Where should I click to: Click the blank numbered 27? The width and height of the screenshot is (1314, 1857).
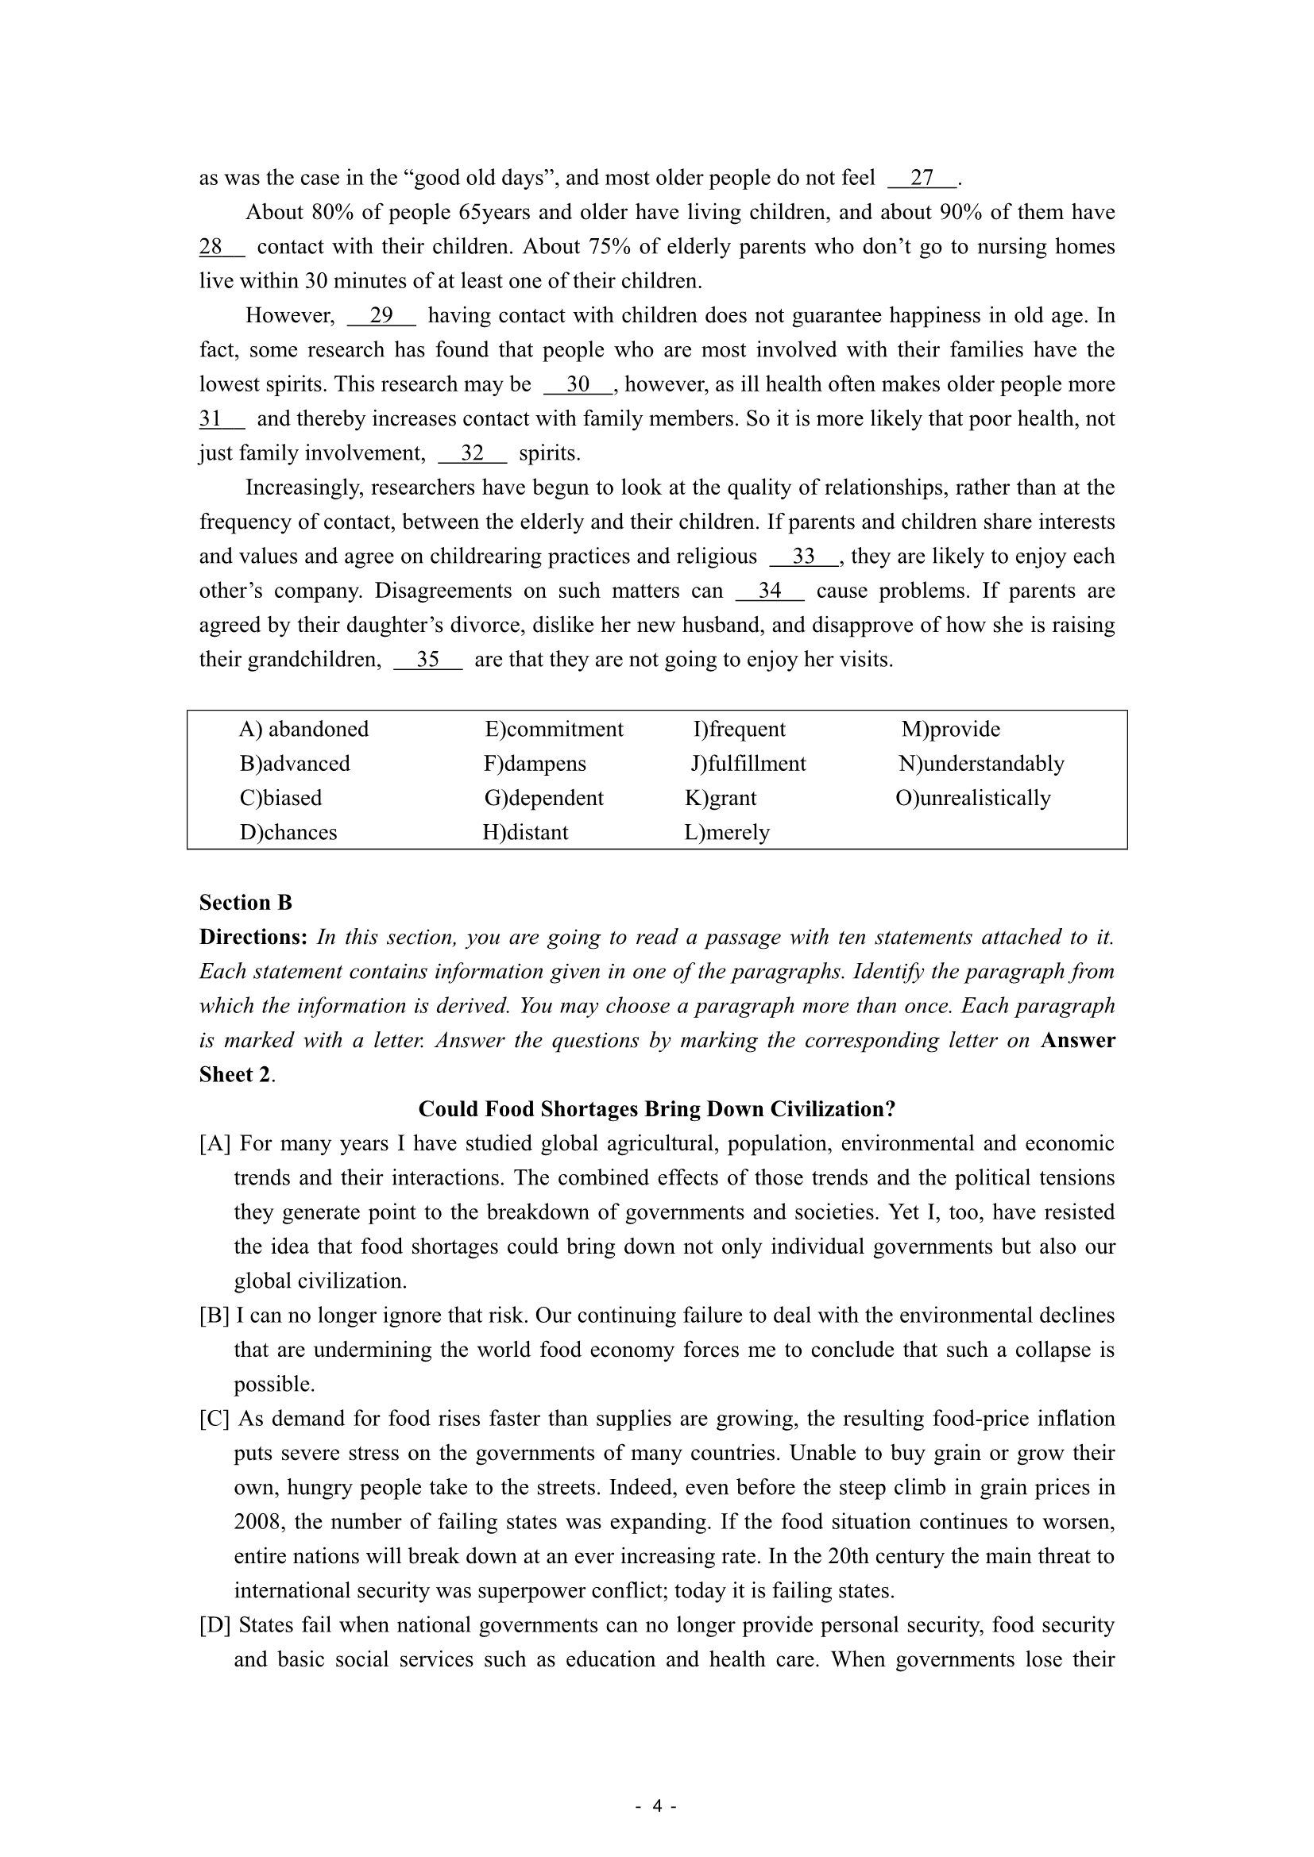(x=922, y=178)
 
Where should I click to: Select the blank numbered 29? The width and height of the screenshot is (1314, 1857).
(x=381, y=315)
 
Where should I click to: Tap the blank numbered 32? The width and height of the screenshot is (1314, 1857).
(x=472, y=453)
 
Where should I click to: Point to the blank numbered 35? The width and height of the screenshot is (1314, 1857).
(x=428, y=660)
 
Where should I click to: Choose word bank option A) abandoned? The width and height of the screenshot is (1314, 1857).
(x=303, y=730)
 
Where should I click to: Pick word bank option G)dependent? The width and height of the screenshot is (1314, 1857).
(x=543, y=798)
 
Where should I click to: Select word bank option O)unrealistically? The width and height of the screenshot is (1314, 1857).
(x=972, y=798)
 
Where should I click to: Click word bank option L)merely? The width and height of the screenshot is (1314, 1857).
(x=727, y=832)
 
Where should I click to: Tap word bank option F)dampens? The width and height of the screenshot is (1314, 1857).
(x=535, y=764)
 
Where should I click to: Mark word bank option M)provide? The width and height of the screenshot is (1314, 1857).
(x=951, y=730)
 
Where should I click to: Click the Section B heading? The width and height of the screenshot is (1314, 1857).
(x=245, y=903)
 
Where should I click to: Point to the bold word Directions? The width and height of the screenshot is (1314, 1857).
(x=253, y=938)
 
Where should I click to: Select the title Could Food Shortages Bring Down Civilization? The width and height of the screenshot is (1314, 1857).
(x=657, y=1109)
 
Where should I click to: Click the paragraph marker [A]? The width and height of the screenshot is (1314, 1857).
(x=214, y=1143)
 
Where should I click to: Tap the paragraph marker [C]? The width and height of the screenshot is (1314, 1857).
(x=214, y=1419)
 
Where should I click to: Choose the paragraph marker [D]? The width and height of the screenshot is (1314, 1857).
(x=214, y=1625)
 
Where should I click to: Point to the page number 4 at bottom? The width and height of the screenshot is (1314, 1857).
(x=657, y=1806)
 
